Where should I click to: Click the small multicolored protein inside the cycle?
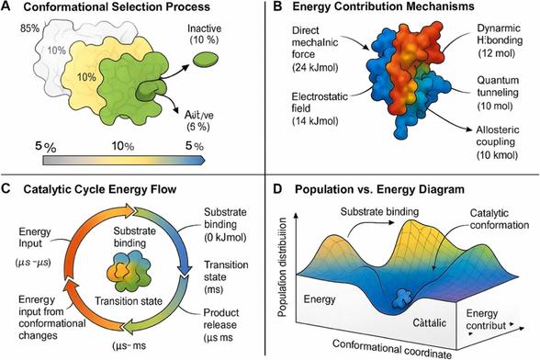129,273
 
